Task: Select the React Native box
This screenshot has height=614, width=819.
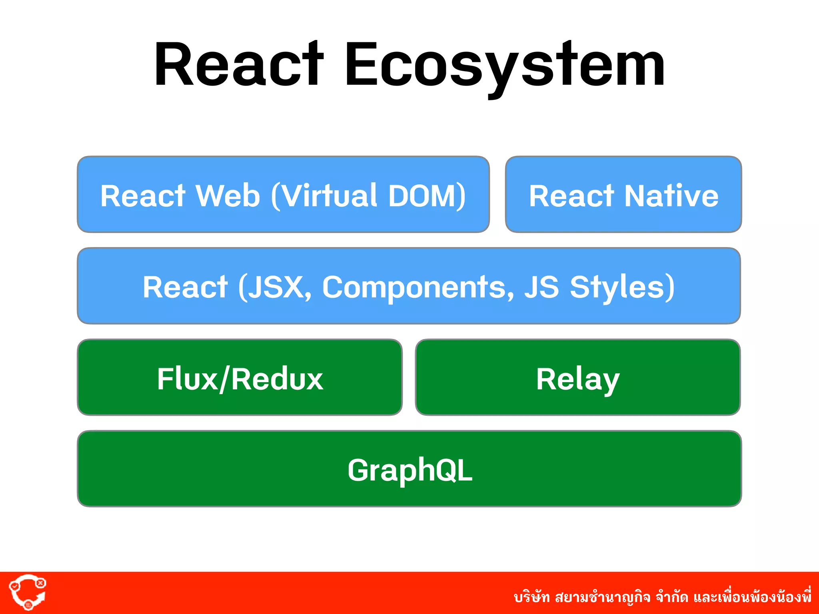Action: [623, 195]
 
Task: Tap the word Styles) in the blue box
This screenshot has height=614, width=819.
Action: [622, 287]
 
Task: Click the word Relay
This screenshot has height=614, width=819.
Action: [577, 379]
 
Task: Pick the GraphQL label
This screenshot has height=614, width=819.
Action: [409, 470]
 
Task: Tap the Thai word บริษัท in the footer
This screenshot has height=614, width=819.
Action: [531, 597]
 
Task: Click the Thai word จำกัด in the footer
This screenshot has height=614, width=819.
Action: [672, 597]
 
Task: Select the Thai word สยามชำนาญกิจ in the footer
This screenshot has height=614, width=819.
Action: [603, 597]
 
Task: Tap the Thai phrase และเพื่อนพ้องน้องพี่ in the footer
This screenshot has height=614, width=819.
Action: [752, 596]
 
